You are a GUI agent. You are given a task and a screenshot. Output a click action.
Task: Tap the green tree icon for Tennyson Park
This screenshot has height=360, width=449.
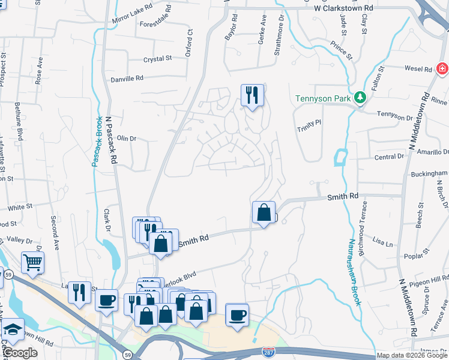pos(360,97)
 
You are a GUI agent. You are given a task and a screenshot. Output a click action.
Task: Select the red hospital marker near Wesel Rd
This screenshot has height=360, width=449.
pos(442,67)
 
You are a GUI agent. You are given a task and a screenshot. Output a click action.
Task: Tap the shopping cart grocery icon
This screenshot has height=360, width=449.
pos(32,262)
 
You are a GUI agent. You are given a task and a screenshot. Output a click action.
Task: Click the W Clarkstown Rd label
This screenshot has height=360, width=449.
pos(343,8)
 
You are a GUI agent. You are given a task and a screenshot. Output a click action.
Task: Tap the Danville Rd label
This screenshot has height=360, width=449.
pos(127,79)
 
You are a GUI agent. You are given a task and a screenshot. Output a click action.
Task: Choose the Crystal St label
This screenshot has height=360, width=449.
pos(157,59)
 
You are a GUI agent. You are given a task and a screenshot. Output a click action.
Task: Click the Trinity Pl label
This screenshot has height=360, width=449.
pos(310,121)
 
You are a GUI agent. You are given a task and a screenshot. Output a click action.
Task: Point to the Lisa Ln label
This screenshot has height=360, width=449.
pos(382,243)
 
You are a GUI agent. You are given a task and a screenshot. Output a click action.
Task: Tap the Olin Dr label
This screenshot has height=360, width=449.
pos(127,138)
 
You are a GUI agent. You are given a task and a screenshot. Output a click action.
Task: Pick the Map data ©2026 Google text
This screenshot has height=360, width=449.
pos(412,355)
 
